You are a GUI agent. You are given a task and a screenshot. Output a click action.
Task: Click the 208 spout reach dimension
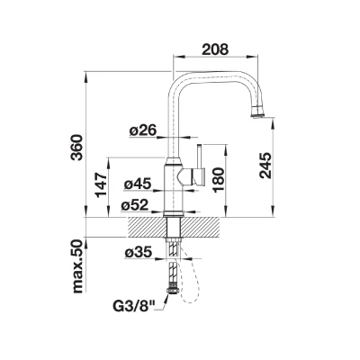click(x=215, y=49)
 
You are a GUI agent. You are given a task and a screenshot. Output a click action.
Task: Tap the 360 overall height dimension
click(x=77, y=148)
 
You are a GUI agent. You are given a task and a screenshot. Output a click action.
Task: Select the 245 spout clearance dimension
click(x=265, y=166)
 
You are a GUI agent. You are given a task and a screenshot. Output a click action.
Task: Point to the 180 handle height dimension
click(x=218, y=179)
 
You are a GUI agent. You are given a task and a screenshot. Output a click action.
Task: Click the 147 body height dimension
click(x=102, y=184)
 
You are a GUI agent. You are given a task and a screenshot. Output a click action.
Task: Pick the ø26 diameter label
click(x=143, y=130)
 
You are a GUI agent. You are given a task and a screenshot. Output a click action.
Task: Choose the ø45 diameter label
click(x=138, y=184)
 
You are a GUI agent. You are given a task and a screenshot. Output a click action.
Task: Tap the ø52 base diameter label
click(x=135, y=205)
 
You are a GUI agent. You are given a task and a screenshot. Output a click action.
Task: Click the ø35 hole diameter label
click(x=139, y=253)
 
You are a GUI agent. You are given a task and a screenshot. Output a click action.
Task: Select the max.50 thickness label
click(x=77, y=266)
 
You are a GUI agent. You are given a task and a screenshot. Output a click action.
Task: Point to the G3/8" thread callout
click(x=134, y=306)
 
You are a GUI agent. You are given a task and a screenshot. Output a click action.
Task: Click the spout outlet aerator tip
click(x=257, y=112)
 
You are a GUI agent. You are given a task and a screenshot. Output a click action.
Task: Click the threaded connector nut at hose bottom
click(x=174, y=291)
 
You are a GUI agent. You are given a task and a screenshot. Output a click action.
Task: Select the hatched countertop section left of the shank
click(x=148, y=227)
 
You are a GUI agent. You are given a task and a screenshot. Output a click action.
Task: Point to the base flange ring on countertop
click(x=174, y=214)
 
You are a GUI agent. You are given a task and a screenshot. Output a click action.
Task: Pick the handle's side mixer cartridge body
click(x=191, y=176)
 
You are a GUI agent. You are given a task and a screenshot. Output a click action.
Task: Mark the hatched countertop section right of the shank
click(x=200, y=227)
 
